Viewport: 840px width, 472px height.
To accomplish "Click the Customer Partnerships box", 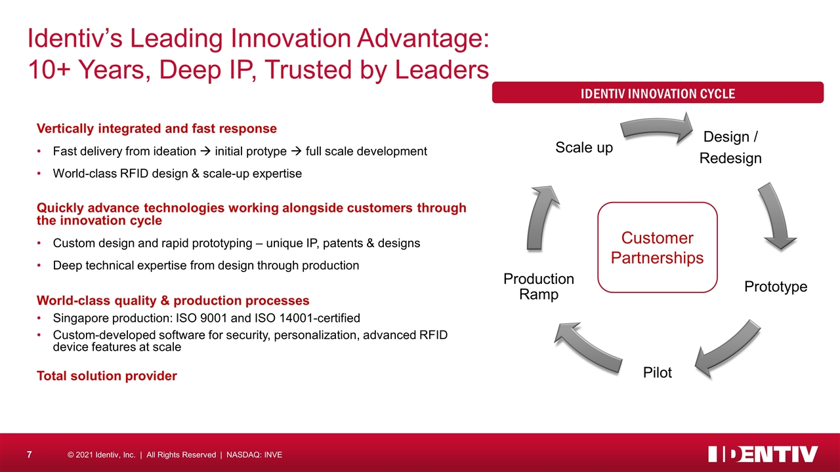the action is [658, 247].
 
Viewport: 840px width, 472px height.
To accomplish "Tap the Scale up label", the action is [584, 147].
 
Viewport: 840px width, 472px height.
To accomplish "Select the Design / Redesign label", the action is [730, 147].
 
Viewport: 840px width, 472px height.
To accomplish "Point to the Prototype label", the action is [776, 286].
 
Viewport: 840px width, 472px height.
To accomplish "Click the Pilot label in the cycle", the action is [658, 372].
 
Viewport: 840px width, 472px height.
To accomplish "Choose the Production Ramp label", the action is [539, 286].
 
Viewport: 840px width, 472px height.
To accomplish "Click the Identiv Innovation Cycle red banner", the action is [658, 92].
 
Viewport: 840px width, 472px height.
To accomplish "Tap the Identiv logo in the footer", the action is [763, 454].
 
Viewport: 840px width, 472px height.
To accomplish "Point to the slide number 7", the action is [30, 455].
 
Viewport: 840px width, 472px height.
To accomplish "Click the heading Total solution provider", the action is [107, 376].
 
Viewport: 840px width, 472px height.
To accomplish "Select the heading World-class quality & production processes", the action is [173, 300].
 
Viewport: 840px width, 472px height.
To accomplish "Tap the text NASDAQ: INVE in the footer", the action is [254, 455].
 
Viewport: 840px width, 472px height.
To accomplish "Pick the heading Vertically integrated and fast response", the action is [157, 128].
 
